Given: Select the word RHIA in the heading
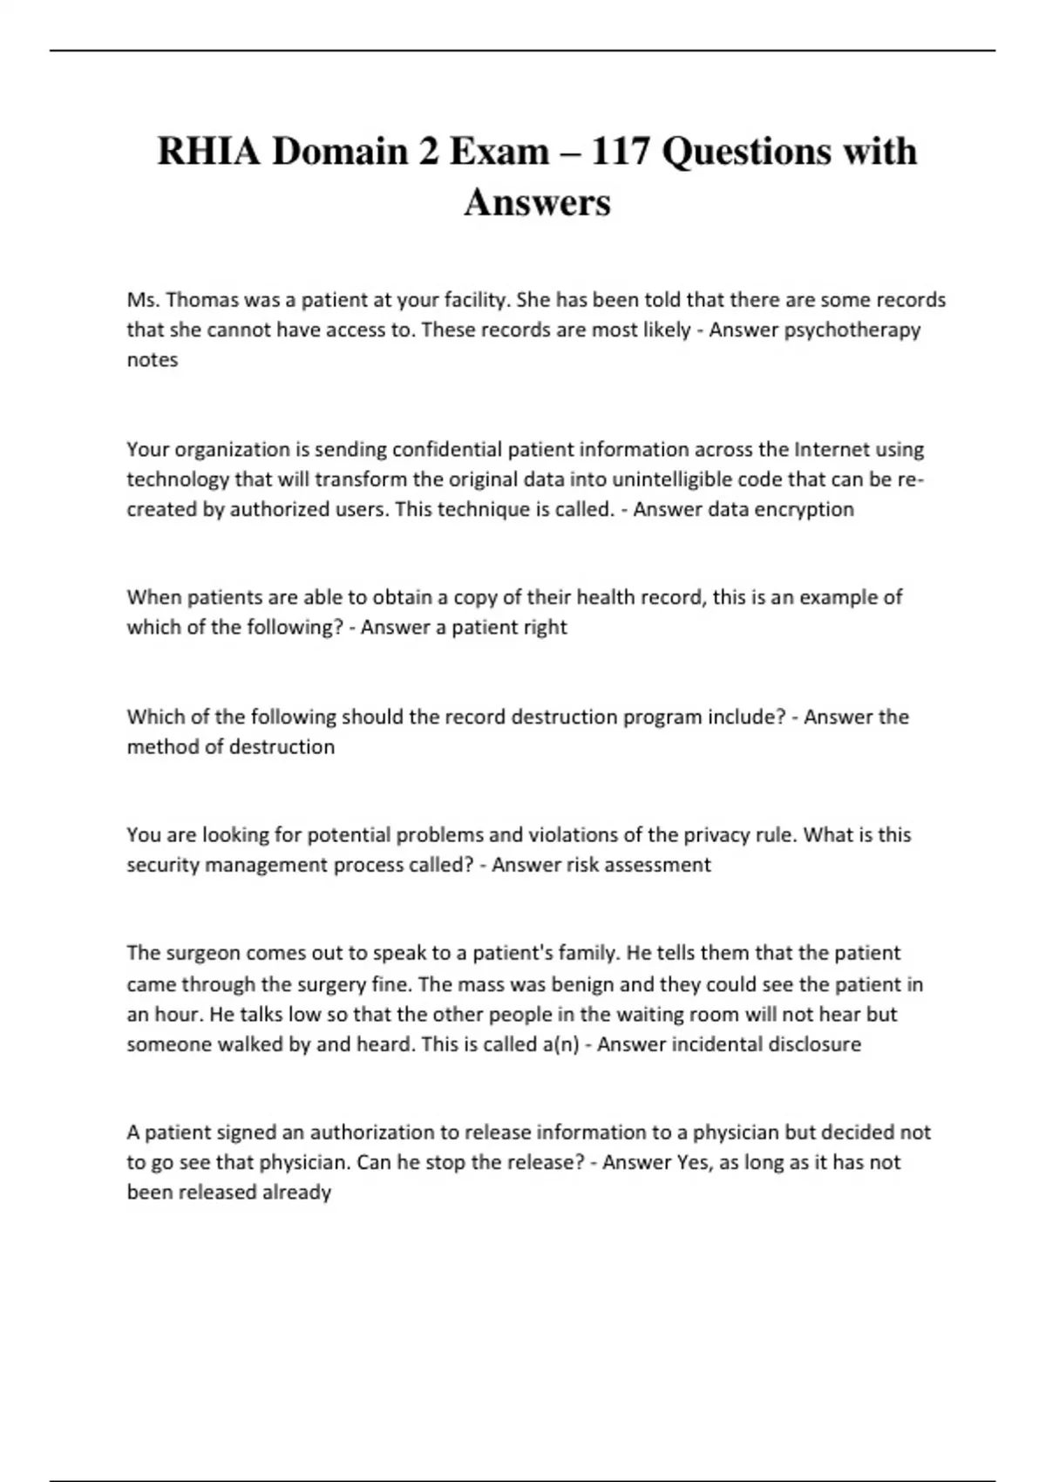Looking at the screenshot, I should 208,152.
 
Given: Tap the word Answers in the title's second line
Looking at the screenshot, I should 537,202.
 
